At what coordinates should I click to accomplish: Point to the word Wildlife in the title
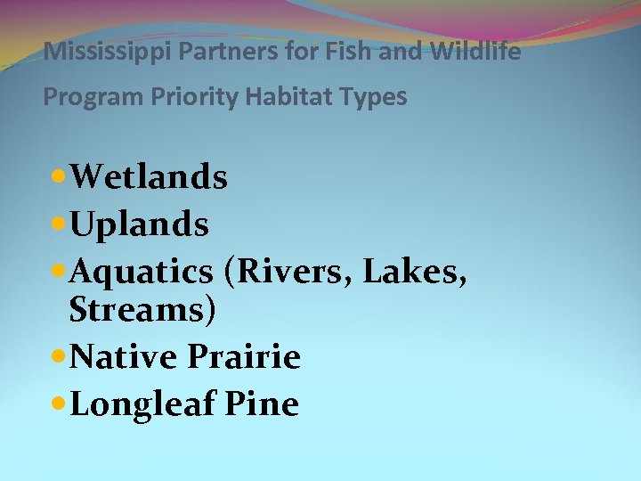pyautogui.click(x=475, y=52)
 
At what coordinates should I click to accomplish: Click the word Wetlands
pyautogui.click(x=149, y=177)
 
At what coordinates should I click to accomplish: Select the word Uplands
pyautogui.click(x=139, y=224)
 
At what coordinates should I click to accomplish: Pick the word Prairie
pyautogui.click(x=244, y=357)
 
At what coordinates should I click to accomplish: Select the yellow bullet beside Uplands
pyautogui.click(x=59, y=224)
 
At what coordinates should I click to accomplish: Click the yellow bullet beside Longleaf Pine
pyautogui.click(x=59, y=404)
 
